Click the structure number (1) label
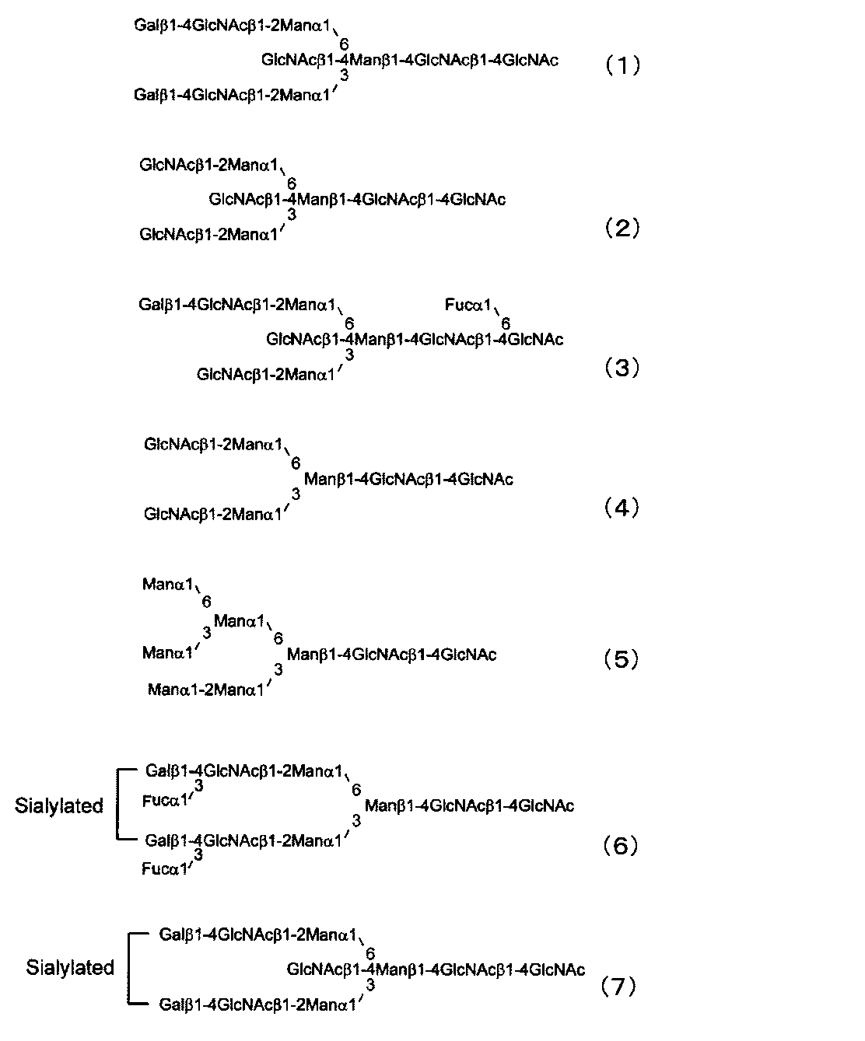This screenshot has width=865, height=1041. click(622, 65)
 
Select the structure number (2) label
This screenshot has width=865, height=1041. click(622, 228)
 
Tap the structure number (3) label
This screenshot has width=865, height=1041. click(622, 367)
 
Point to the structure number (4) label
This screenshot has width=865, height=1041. click(622, 508)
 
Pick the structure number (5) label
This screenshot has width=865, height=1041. click(622, 659)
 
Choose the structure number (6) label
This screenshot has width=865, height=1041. click(622, 845)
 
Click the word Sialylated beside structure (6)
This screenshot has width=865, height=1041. click(59, 805)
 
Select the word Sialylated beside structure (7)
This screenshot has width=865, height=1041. click(70, 968)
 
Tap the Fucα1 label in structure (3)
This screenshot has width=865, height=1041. click(468, 305)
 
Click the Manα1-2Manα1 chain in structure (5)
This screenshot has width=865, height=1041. click(205, 689)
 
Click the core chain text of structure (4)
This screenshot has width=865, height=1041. click(408, 479)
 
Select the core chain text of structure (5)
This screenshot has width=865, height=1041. click(392, 655)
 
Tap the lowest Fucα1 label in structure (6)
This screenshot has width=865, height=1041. click(165, 868)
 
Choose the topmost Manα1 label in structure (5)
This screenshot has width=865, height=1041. click(167, 584)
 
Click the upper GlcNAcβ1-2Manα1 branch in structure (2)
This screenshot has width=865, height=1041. click(209, 165)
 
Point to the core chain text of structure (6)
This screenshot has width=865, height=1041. click(469, 805)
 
